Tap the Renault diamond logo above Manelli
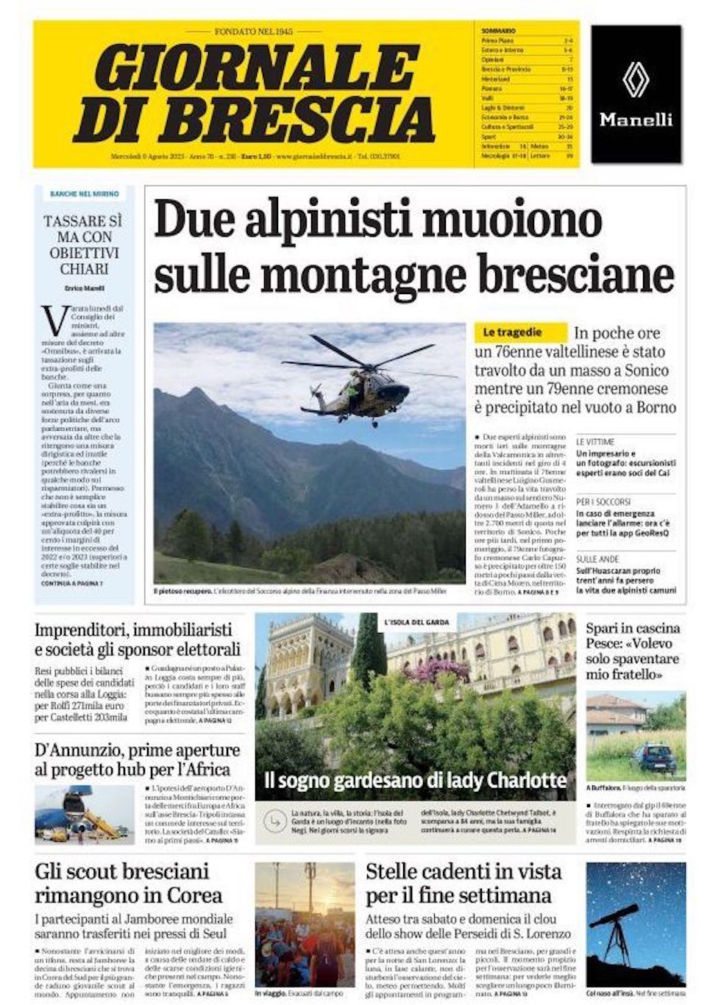[x=636, y=81]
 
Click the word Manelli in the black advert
[x=636, y=119]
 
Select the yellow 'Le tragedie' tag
[x=520, y=332]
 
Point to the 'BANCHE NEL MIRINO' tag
[x=84, y=194]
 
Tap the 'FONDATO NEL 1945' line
[x=253, y=32]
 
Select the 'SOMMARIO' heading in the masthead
[x=498, y=31]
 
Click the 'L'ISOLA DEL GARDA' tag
[x=417, y=623]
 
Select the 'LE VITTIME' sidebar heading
[x=594, y=442]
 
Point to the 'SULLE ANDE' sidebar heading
[x=597, y=559]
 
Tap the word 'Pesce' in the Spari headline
[x=608, y=644]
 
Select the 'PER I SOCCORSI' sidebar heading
[x=603, y=502]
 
